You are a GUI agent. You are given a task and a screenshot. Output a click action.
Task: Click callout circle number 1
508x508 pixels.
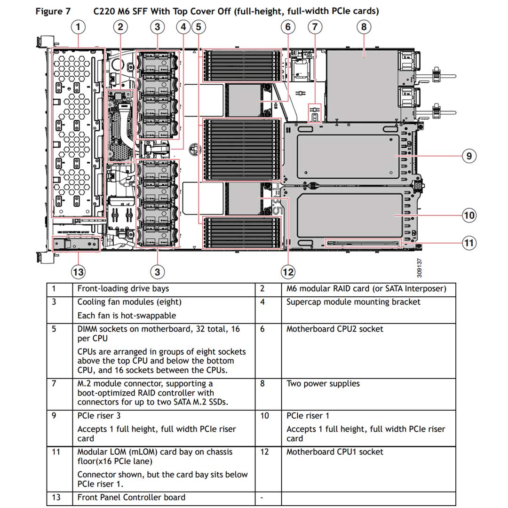(78, 27)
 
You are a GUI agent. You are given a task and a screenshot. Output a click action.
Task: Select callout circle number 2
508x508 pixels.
(120, 27)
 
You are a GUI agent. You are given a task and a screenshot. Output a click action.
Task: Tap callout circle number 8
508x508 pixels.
(364, 27)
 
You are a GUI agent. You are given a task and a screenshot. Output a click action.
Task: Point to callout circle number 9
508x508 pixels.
(469, 156)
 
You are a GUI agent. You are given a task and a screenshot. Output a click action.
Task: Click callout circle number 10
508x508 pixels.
(469, 215)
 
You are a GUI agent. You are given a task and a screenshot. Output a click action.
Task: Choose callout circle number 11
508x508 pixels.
(469, 243)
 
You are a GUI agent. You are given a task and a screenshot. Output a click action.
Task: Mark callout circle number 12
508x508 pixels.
(288, 271)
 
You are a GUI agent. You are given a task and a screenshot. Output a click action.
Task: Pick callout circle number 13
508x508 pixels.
(78, 271)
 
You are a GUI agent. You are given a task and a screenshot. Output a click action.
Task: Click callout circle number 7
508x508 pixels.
(315, 27)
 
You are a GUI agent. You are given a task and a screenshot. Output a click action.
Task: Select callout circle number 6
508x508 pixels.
(288, 27)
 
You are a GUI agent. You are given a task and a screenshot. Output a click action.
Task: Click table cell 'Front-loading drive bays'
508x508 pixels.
(123, 289)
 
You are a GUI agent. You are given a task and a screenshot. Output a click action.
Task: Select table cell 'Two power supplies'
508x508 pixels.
(323, 384)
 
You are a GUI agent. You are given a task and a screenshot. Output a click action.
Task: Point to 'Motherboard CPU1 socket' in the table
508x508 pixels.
(334, 452)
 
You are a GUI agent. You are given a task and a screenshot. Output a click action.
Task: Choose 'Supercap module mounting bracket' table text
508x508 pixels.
(353, 302)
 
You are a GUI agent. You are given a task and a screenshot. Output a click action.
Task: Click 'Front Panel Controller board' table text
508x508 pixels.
(131, 498)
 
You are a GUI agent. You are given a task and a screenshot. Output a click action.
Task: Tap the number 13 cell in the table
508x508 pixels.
(56, 498)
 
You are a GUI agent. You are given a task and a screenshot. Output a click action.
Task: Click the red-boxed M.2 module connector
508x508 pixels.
(315, 113)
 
